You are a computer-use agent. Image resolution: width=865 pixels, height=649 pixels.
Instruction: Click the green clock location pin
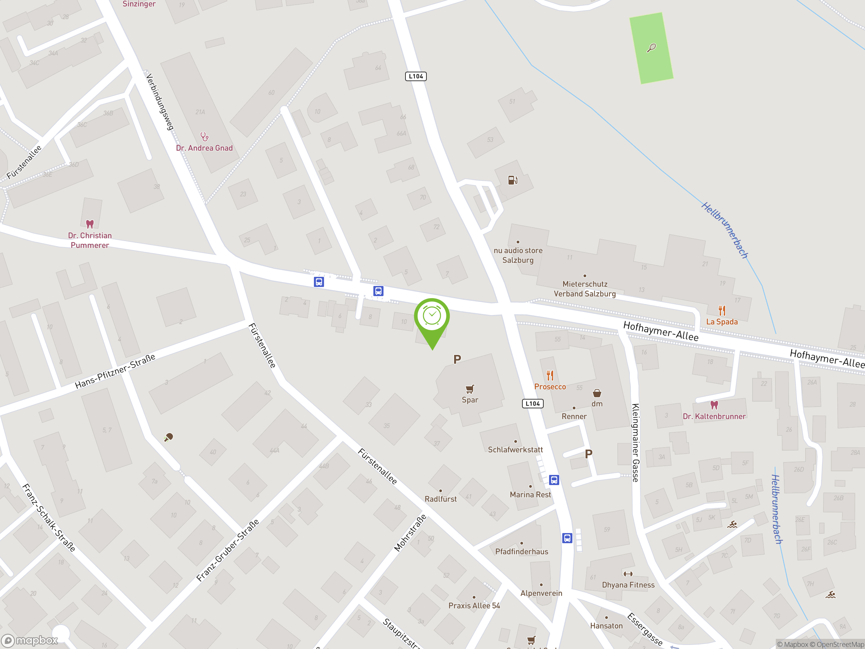(432, 317)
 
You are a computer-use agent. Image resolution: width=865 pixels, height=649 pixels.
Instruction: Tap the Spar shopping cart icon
(470, 389)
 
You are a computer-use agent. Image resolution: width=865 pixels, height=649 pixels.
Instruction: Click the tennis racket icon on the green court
(651, 48)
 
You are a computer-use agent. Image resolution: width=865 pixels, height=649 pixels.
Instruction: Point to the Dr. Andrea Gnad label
(204, 148)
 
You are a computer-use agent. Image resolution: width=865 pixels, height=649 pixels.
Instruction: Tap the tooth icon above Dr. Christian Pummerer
(90, 224)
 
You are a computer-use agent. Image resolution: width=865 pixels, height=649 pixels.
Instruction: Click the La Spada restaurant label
(721, 321)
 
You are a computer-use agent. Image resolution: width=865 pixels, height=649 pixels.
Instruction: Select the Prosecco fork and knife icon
(550, 376)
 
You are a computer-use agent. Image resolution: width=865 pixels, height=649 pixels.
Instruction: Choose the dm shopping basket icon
(597, 393)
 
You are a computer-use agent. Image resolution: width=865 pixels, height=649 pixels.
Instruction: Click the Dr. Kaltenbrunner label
(714, 416)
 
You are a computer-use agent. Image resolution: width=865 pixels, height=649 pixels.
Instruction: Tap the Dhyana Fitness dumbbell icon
(628, 574)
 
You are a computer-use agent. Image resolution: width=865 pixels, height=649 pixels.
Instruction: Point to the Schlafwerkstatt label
(515, 450)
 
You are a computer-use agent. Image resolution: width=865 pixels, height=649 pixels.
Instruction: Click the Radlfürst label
(440, 499)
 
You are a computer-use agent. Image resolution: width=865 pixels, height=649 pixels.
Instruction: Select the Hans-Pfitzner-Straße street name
(115, 371)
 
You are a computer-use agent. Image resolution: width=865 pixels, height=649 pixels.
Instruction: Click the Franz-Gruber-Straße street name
(228, 550)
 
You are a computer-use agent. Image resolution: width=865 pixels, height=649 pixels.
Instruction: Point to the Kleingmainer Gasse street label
(636, 442)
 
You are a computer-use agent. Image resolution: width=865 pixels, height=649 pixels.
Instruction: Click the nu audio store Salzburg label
(518, 255)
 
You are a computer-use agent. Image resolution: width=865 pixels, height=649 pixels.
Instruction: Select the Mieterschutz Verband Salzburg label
(584, 289)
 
